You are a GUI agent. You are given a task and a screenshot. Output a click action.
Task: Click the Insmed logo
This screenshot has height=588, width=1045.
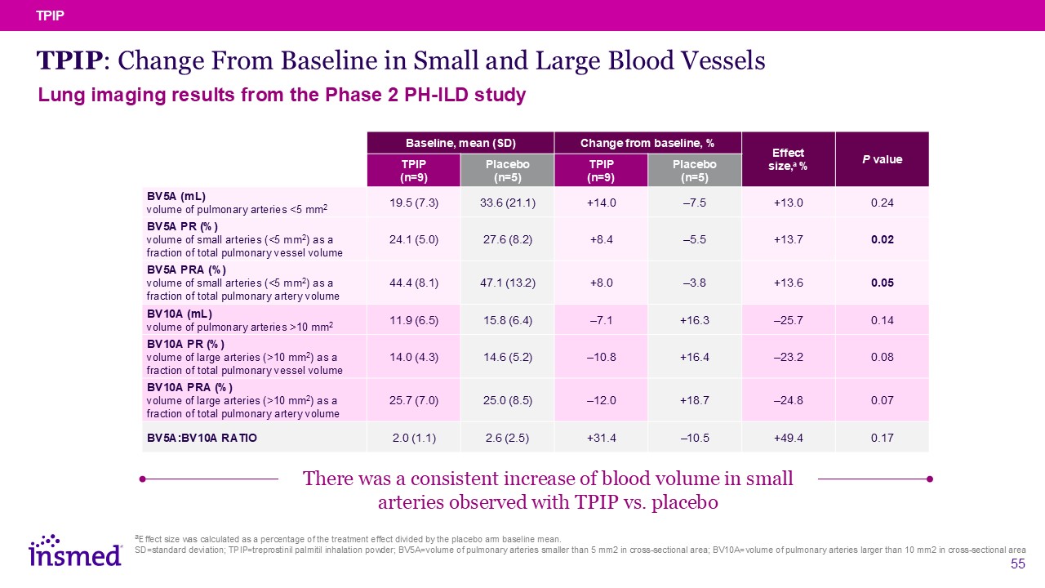coord(75,552)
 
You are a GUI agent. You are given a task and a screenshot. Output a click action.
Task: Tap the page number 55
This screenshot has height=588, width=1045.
coord(1017,564)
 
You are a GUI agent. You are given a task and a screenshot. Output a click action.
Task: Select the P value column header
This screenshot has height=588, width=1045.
coord(882,159)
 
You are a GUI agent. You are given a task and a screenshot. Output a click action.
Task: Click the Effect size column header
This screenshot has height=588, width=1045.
coord(788,159)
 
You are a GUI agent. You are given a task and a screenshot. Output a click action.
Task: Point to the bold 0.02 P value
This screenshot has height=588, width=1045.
coord(882,239)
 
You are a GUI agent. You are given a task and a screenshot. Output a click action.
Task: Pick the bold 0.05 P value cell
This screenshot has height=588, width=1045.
coord(882,283)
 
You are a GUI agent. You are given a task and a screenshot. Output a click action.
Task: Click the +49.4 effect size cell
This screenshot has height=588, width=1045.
coord(788,439)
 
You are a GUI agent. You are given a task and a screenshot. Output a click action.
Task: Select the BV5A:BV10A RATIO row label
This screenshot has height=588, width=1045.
coord(202,439)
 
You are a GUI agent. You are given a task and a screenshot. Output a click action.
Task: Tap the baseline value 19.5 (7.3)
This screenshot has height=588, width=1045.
coord(414,203)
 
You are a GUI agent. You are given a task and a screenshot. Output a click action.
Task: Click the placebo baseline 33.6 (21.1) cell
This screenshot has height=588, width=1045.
coord(507,203)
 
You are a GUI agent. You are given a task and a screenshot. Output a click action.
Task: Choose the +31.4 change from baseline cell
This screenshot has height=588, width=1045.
coord(600,439)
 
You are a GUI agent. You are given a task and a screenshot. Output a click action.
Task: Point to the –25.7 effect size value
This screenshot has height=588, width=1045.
coord(788,320)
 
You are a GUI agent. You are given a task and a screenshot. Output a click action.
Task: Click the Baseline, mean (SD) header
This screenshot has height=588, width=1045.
coord(460,144)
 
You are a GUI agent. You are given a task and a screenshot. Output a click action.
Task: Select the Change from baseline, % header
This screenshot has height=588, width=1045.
coord(647,144)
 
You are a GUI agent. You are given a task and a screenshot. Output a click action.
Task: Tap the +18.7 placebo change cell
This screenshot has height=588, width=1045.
coord(694,400)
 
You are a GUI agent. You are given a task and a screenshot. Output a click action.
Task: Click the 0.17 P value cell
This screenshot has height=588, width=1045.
coord(882,439)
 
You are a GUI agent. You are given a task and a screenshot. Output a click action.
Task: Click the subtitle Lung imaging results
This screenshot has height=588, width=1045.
coord(282,96)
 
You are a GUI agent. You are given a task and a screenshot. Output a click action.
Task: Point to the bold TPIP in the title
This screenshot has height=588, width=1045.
coord(69,60)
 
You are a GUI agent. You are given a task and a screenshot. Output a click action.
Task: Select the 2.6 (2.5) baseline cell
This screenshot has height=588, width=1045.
coord(507,439)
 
